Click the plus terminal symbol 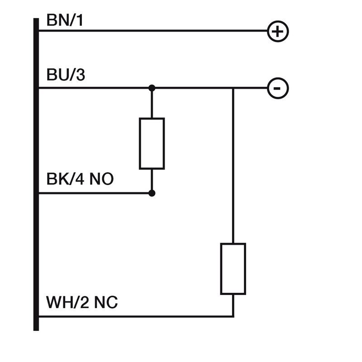click(278, 32)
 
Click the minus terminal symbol click(278, 88)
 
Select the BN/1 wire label click(65, 20)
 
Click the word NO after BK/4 click(101, 179)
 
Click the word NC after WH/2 click(105, 302)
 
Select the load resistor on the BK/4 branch click(152, 143)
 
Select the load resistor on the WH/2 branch click(233, 269)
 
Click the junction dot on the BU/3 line click(152, 88)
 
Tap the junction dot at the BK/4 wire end click(152, 193)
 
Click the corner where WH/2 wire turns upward click(233, 316)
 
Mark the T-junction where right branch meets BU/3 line click(233, 88)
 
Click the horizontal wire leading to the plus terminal click(154, 31)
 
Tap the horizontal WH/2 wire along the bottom click(136, 316)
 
